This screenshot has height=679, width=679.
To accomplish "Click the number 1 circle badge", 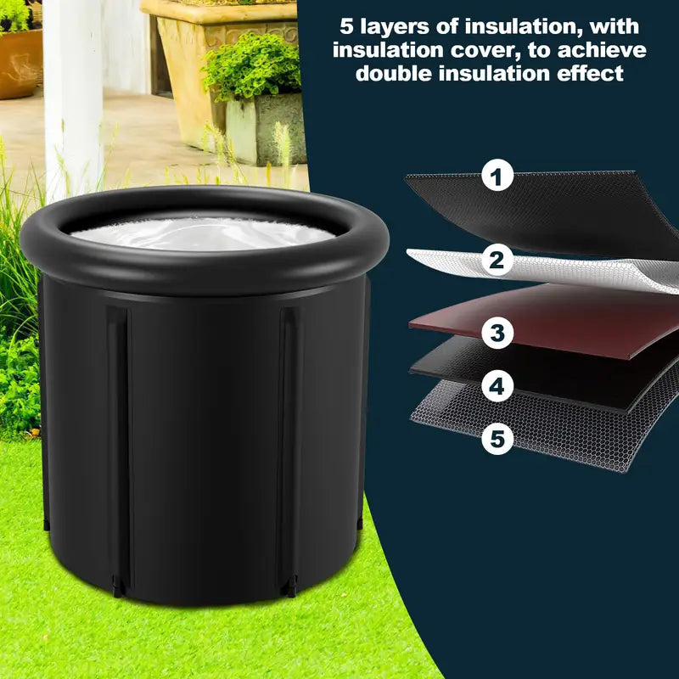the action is pyautogui.click(x=497, y=176).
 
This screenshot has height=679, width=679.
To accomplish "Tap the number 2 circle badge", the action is pyautogui.click(x=497, y=260).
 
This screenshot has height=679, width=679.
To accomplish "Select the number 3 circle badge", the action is pyautogui.click(x=497, y=333).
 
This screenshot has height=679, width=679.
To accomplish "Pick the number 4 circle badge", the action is pyautogui.click(x=497, y=385).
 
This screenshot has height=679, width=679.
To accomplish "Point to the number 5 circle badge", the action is pyautogui.click(x=497, y=438).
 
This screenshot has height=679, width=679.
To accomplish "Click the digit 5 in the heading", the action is pyautogui.click(x=346, y=27).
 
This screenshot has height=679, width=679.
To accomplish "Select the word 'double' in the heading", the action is pyautogui.click(x=394, y=74).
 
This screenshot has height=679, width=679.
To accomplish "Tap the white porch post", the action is pyautogui.click(x=73, y=99).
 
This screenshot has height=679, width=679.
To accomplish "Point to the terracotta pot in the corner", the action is pyautogui.click(x=20, y=63).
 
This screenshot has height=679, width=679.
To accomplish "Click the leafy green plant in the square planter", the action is pyautogui.click(x=252, y=67).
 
